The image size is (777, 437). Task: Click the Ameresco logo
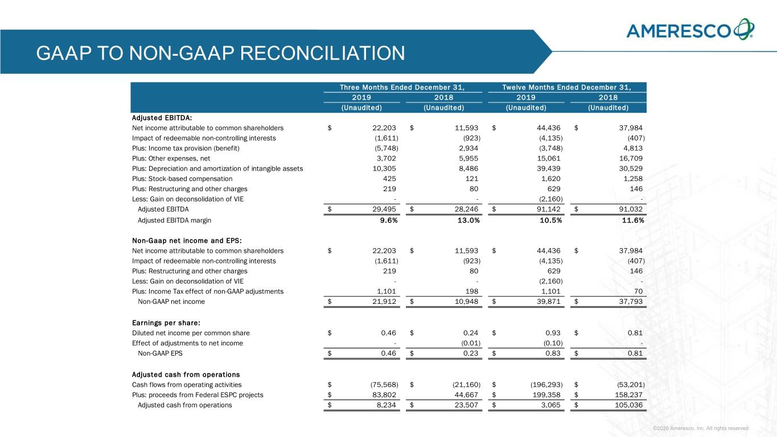(x=690, y=30)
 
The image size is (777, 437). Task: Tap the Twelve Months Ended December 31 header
(x=566, y=87)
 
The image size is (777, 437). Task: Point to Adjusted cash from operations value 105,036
(x=627, y=405)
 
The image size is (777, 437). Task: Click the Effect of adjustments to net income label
(x=187, y=343)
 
